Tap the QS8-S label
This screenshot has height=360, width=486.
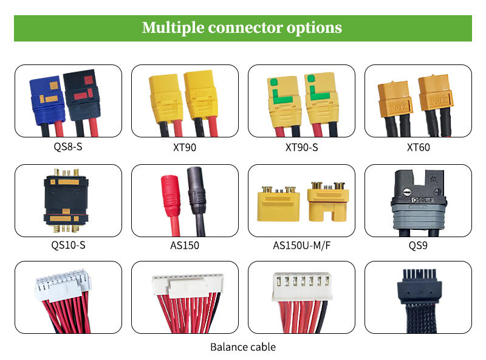tap(68, 147)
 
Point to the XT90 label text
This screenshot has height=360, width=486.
tap(185, 147)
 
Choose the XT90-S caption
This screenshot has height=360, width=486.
tap(301, 147)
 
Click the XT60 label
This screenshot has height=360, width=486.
tap(418, 147)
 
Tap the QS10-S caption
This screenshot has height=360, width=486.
tap(68, 246)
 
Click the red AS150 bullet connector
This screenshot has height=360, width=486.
tap(168, 194)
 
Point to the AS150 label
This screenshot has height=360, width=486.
tap(185, 246)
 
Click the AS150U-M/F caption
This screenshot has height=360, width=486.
tap(301, 246)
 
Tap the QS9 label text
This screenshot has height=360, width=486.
tap(418, 246)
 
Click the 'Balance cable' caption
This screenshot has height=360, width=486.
tap(243, 347)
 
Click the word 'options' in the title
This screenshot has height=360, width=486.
tap(313, 28)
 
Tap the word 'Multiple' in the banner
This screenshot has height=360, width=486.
tap(173, 28)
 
